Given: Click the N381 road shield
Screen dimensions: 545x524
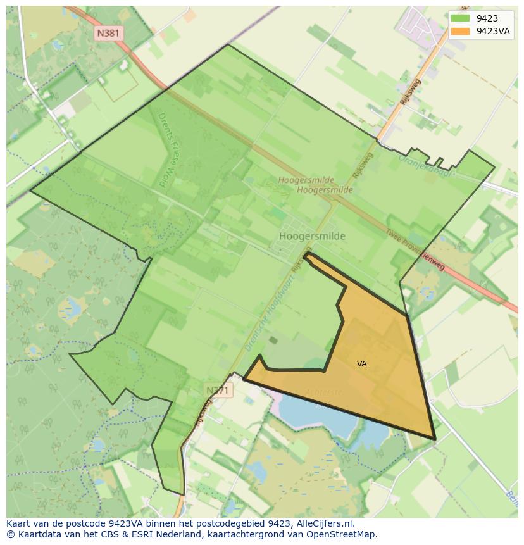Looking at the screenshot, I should point(108,33).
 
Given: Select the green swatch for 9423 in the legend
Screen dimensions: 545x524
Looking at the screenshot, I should point(460,18).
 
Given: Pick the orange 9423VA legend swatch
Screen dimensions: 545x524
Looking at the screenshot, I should point(460,31).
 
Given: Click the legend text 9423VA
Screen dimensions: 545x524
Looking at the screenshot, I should point(493,31).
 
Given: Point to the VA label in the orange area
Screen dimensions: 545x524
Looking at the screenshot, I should point(361,364).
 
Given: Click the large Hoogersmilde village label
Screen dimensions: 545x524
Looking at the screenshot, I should point(312,236).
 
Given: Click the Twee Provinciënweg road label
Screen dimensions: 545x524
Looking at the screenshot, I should point(415,250).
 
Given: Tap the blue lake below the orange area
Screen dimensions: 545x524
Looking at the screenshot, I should point(316,418).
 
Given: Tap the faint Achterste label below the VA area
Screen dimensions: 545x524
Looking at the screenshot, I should point(323,392).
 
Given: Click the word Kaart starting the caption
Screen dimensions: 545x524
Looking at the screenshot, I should point(19,523).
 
